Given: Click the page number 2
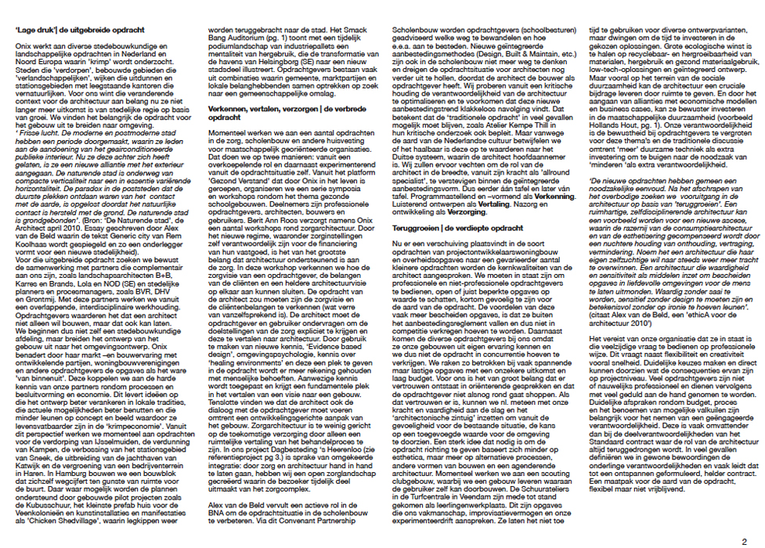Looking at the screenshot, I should tap(744, 540).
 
